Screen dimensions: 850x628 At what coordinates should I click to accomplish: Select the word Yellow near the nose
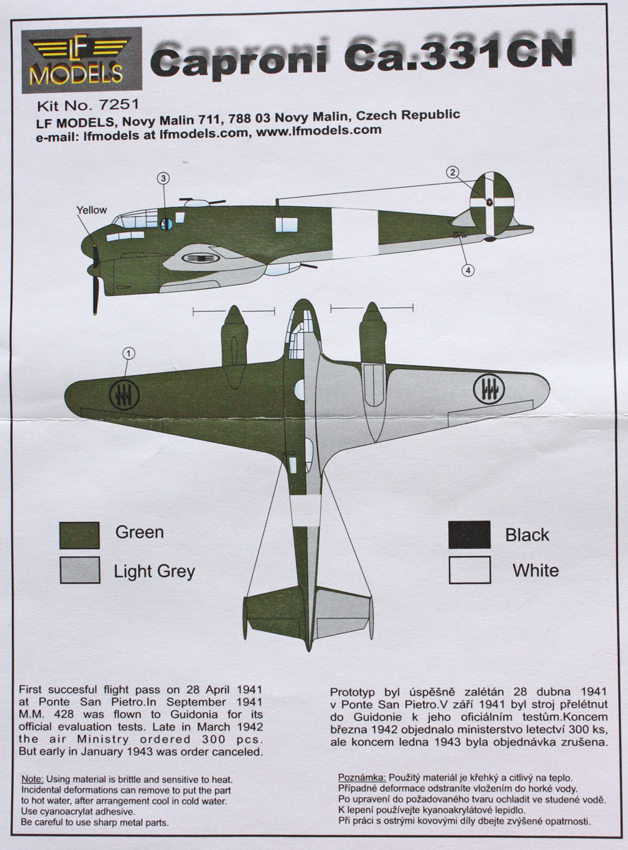(x=92, y=210)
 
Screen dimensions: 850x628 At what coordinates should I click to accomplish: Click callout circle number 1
(x=128, y=352)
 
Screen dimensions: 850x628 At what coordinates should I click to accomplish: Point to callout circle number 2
(x=453, y=172)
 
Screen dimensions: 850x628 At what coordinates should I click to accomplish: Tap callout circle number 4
(x=467, y=269)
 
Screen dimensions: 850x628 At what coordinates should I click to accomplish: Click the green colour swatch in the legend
(x=79, y=535)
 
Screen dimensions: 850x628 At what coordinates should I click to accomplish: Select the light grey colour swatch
(x=79, y=570)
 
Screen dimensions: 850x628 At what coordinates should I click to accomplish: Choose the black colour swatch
(x=469, y=535)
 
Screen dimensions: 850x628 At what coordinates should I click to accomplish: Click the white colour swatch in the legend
(x=469, y=569)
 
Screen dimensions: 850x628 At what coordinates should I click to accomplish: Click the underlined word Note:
(x=33, y=778)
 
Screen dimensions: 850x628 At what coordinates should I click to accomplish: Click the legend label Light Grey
(x=154, y=571)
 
